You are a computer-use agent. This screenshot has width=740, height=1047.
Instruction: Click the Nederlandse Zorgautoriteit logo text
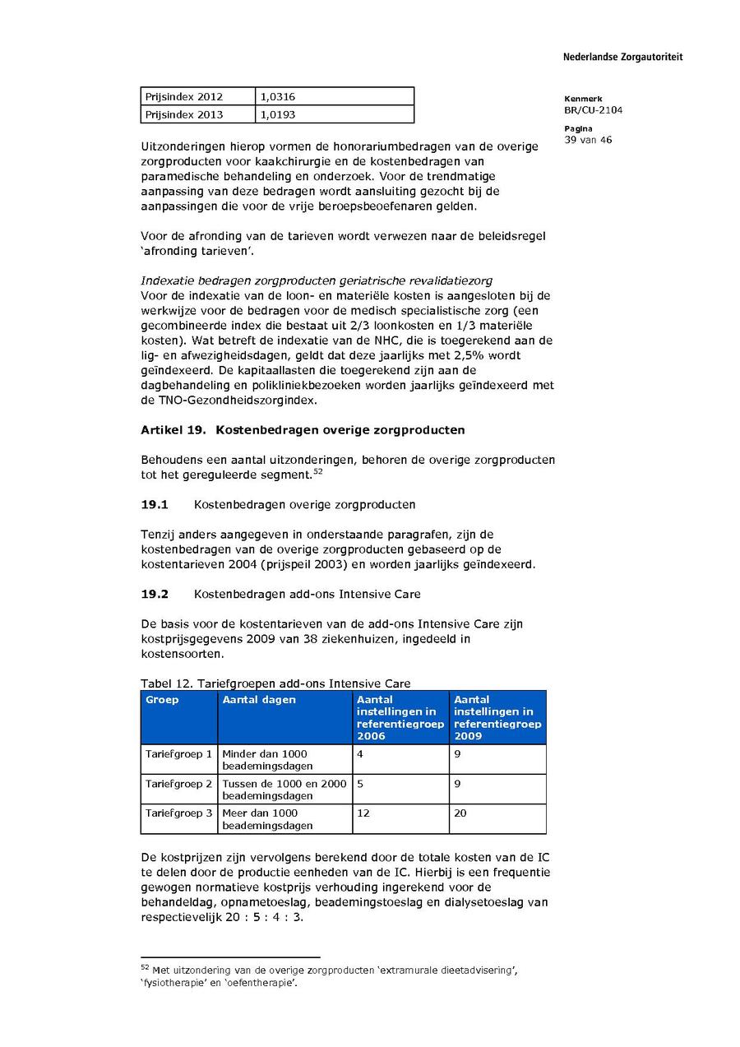pos(622,57)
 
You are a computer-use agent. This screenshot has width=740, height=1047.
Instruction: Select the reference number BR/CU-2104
pos(593,109)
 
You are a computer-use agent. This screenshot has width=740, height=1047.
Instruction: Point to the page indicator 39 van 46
pos(588,140)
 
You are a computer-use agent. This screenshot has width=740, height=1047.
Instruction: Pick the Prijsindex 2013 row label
pos(184,115)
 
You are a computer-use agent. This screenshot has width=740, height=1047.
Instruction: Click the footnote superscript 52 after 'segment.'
pos(317,471)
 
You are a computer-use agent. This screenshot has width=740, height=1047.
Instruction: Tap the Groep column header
pos(162,700)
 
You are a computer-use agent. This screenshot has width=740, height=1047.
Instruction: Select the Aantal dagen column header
pos(259,700)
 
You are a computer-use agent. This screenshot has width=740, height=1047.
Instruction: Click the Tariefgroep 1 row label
pos(178,753)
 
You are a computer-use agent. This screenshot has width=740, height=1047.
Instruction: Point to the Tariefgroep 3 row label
pos(178,813)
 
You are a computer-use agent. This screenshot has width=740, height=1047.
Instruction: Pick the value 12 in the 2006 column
pos(363,813)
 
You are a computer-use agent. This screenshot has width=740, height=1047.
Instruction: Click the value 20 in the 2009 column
pos(460,813)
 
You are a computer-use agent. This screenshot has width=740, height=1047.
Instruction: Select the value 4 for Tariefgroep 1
pos(360,753)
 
